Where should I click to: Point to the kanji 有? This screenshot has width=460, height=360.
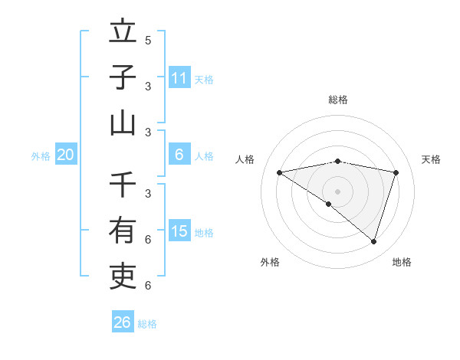(123, 230)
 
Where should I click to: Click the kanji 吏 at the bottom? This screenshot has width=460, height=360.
(123, 274)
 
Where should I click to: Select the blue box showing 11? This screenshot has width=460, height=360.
(179, 77)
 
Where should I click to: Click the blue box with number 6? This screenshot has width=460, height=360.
(179, 155)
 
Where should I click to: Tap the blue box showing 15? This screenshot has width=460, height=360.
(179, 231)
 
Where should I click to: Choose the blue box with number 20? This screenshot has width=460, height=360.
(66, 155)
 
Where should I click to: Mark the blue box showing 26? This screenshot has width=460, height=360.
(123, 322)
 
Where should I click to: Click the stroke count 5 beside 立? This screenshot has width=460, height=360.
(148, 40)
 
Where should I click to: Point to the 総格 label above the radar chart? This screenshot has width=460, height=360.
(337, 100)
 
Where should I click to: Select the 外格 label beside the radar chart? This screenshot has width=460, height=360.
(270, 262)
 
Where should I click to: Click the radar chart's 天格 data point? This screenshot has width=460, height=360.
(396, 172)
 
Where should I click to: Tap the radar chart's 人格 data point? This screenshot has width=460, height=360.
(279, 172)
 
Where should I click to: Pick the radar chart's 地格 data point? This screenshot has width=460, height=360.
(374, 241)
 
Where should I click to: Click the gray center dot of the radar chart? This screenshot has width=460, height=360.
(337, 191)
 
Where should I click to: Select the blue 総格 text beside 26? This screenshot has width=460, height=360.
(147, 324)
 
